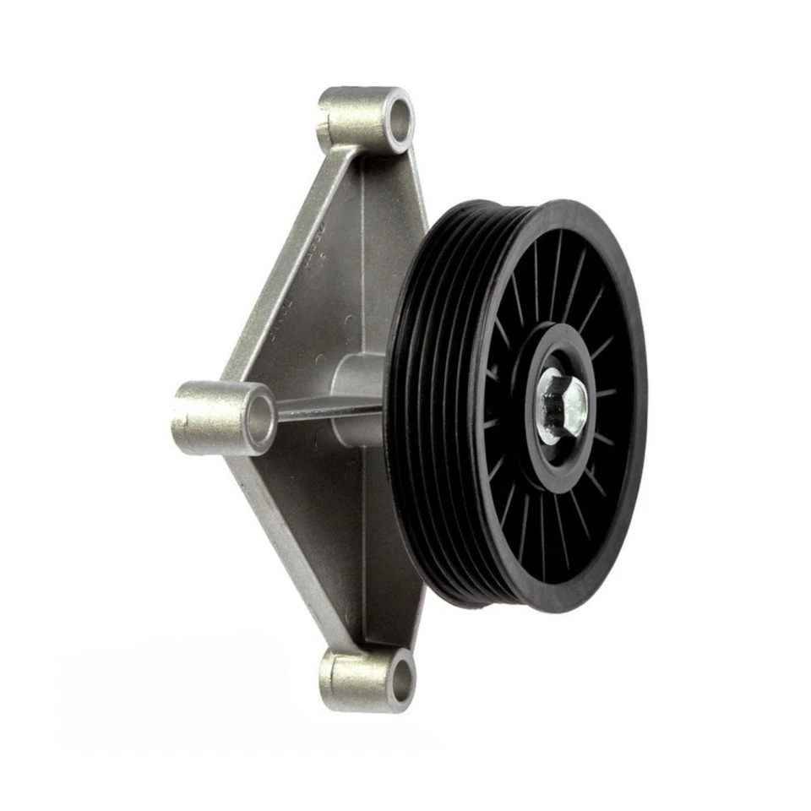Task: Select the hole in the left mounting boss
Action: [260, 416]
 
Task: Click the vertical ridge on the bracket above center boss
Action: [362, 253]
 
